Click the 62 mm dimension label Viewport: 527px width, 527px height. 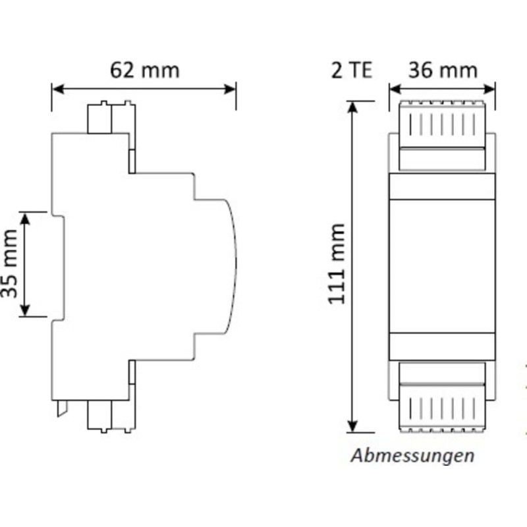pyautogui.click(x=145, y=70)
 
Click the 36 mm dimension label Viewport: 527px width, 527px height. pyautogui.click(x=443, y=70)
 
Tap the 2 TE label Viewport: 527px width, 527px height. pyautogui.click(x=352, y=70)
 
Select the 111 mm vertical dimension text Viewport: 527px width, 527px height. pyautogui.click(x=337, y=264)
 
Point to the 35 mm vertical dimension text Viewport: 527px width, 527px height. pyautogui.click(x=9, y=264)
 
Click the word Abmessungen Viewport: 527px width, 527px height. pyautogui.click(x=412, y=456)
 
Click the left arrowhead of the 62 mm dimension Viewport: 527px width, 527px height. pyautogui.click(x=59, y=89)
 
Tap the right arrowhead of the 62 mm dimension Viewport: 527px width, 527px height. pyautogui.click(x=229, y=89)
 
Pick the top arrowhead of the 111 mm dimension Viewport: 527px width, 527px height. pyautogui.click(x=352, y=107)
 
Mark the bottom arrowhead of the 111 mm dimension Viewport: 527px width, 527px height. pyautogui.click(x=352, y=426)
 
